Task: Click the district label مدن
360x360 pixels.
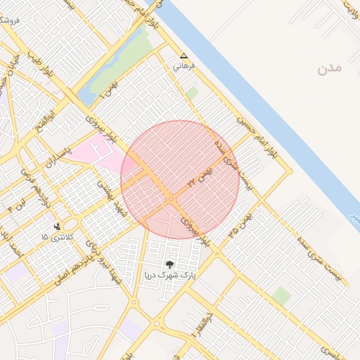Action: click(329, 68)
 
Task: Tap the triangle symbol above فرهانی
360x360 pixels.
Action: click(184, 56)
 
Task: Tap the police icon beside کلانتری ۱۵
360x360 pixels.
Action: click(56, 226)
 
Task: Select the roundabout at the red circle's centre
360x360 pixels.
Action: click(172, 200)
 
